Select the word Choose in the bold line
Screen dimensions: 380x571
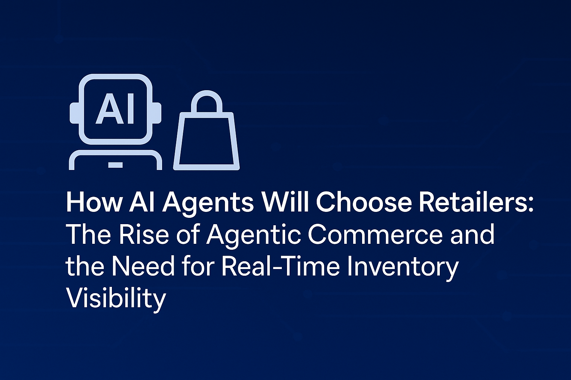(363, 202)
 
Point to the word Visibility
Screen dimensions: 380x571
(116, 299)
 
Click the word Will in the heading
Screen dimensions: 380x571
(285, 202)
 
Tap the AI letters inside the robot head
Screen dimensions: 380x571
(115, 109)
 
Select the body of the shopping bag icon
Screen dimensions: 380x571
(206, 141)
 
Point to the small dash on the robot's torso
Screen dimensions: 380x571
(115, 164)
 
